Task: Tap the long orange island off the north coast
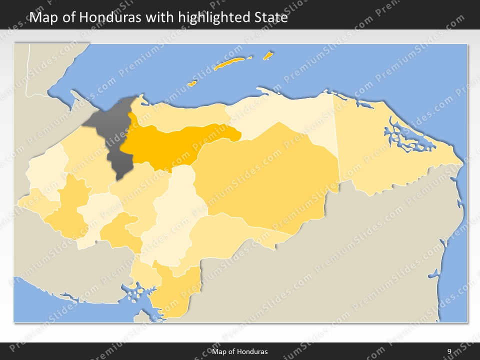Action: click(229, 63)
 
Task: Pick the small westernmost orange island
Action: click(191, 83)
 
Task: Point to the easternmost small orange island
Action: click(268, 55)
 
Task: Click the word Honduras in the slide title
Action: click(109, 17)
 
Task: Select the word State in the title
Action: click(270, 17)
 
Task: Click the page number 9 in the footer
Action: click(449, 351)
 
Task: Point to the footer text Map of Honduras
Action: click(239, 351)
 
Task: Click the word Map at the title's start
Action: click(42, 17)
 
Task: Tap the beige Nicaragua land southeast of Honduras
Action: click(350, 260)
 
